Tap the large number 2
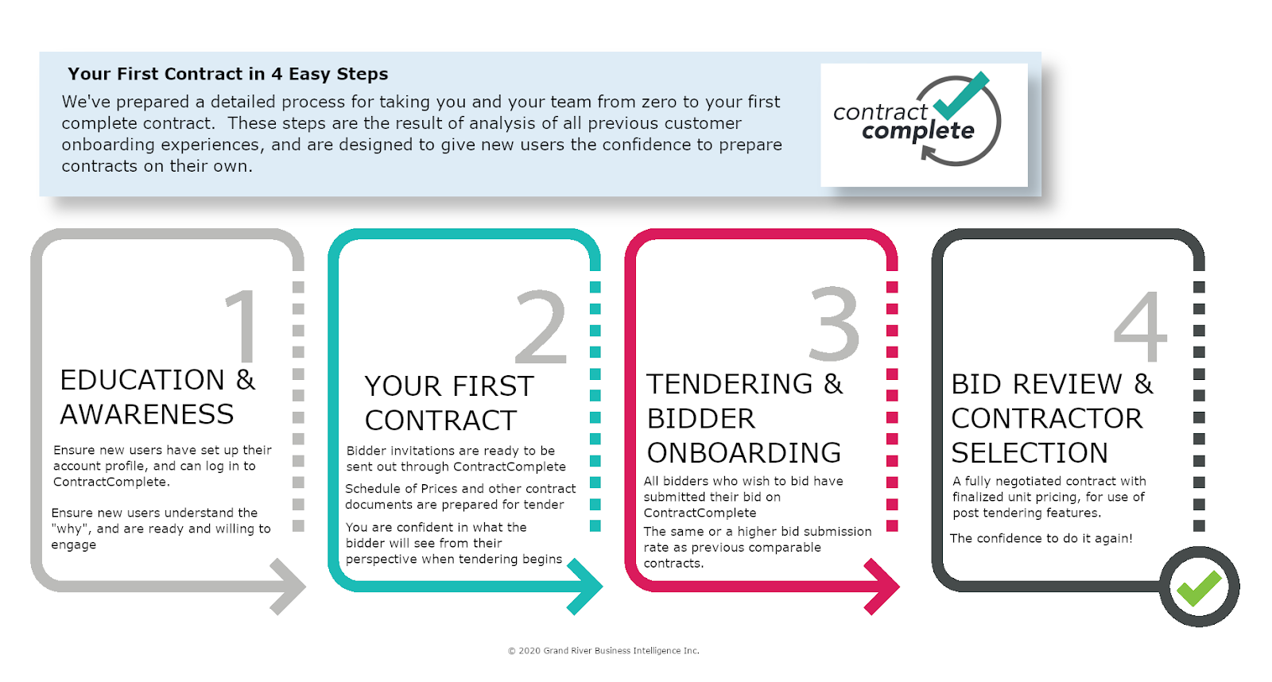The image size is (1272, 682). click(541, 326)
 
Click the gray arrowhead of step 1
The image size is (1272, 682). click(289, 587)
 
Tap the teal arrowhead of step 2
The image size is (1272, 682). click(586, 587)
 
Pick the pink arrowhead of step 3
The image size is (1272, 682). click(883, 587)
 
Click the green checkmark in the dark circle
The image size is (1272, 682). click(1198, 588)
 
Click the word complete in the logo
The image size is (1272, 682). click(918, 132)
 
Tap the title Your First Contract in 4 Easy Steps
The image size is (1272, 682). click(227, 74)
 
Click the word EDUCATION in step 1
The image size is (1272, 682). click(142, 380)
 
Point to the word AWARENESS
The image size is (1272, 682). click(147, 414)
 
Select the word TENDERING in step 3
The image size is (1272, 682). click(730, 384)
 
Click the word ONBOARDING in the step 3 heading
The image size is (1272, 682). click(744, 452)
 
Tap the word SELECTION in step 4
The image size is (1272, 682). click(1030, 452)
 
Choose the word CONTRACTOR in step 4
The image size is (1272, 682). click(1046, 419)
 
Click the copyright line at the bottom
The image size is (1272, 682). click(603, 651)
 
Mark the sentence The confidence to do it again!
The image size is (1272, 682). click(1041, 538)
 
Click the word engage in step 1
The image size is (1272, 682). click(74, 545)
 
